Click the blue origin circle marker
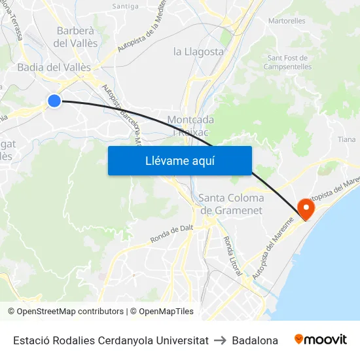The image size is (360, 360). [x=54, y=100]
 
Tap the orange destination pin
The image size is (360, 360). [x=306, y=208]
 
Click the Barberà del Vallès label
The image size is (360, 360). [x=76, y=37]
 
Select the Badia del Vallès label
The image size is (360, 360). [x=54, y=67]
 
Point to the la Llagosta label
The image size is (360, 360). [x=198, y=51]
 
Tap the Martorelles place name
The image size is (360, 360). [x=287, y=21]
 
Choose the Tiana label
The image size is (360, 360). [x=347, y=139]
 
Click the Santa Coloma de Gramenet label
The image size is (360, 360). [x=231, y=204]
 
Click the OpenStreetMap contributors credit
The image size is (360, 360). [x=65, y=312]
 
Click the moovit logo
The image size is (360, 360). [x=321, y=340]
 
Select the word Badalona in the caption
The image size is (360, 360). [x=255, y=340]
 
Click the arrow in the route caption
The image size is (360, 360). [x=220, y=340]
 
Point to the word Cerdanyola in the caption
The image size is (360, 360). [x=128, y=340]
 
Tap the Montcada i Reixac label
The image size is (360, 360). [x=190, y=125]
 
